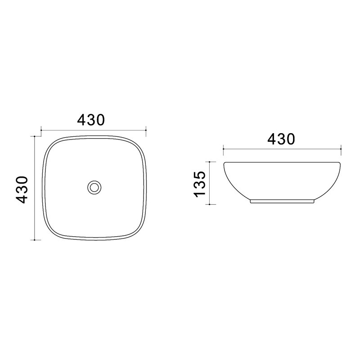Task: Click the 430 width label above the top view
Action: pyautogui.click(x=91, y=120)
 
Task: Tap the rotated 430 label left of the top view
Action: pyautogui.click(x=22, y=189)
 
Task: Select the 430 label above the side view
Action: pyautogui.click(x=281, y=139)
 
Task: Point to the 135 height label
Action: pyautogui.click(x=199, y=184)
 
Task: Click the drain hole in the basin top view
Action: pyautogui.click(x=94, y=187)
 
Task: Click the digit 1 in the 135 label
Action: pyautogui.click(x=199, y=194)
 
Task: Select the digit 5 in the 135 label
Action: pyautogui.click(x=199, y=175)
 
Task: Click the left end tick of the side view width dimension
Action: pyautogui.click(x=223, y=149)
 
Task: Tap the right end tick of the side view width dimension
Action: pyautogui.click(x=341, y=149)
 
